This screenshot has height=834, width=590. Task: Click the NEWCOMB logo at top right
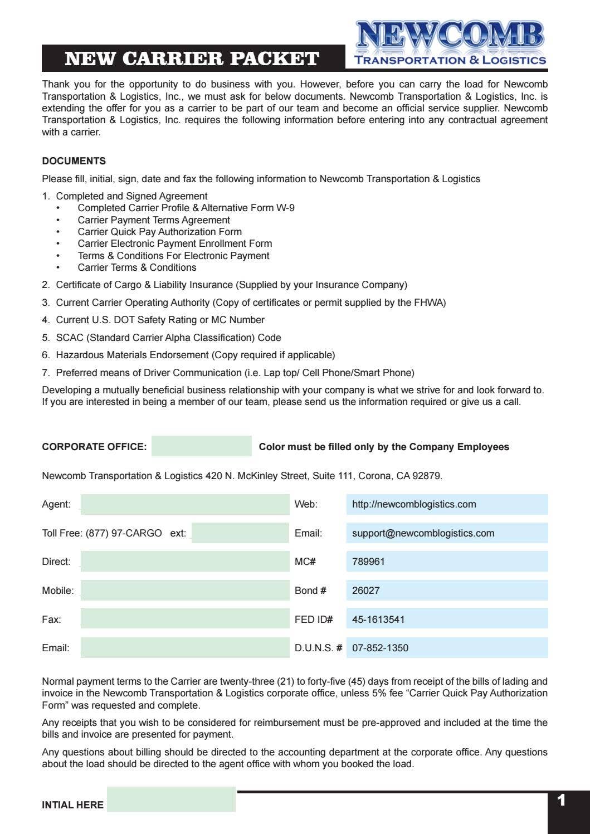point(450,43)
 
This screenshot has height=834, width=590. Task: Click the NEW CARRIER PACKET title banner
point(193,58)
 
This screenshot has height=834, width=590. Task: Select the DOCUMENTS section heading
point(74,161)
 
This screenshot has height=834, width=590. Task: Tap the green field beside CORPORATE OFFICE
point(201,446)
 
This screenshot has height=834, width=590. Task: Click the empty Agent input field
point(184,504)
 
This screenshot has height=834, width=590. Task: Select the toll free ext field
point(240,533)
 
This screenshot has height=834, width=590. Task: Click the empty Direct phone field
point(184,562)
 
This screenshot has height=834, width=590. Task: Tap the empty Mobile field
point(184,591)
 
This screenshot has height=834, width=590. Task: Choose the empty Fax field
point(184,619)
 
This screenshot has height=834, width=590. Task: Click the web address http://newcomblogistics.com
point(414,504)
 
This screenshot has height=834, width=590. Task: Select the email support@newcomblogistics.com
point(423,533)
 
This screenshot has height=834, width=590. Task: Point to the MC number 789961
point(368,562)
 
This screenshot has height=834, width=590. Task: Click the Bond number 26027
point(366,591)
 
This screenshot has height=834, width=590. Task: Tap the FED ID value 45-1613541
point(378,619)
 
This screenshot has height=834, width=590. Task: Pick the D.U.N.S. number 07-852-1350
point(380,648)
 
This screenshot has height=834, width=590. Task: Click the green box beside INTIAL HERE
point(171,799)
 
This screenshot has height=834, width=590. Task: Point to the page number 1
point(561,801)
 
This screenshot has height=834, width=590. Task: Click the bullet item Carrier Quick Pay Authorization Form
point(159,232)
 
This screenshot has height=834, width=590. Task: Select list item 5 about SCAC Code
point(168,338)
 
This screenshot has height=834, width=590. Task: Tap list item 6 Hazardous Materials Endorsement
point(195,355)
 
